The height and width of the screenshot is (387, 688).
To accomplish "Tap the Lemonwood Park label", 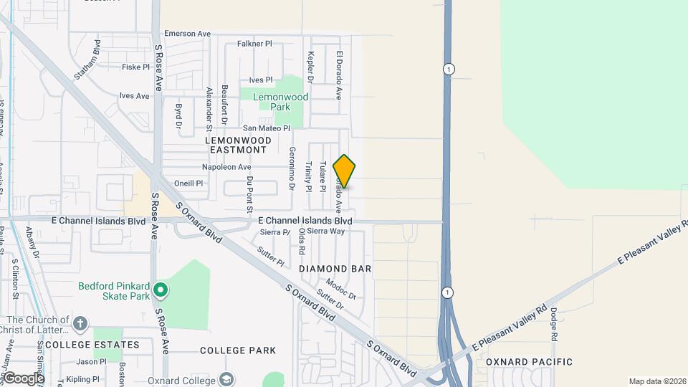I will [x=284, y=102].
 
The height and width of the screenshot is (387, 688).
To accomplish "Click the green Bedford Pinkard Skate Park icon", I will [x=161, y=290].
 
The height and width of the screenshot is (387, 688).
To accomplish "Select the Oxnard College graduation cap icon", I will [x=226, y=379].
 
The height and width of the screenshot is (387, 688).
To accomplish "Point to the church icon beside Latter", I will [x=80, y=323].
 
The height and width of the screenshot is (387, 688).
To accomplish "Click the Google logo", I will [x=23, y=378].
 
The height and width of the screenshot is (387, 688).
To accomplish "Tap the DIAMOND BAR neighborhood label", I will [x=335, y=269].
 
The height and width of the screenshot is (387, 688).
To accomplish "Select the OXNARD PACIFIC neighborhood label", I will [x=529, y=362].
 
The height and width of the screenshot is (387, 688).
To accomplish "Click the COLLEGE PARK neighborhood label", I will [x=238, y=350].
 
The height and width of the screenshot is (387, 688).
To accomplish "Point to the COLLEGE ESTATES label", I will [x=92, y=345].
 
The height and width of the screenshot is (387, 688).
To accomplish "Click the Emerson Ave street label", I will [x=187, y=34].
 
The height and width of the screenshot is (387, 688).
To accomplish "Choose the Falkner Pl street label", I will [x=254, y=44].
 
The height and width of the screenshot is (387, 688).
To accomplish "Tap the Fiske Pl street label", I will [x=135, y=67].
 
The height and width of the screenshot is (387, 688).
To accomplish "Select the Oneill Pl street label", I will [x=188, y=183].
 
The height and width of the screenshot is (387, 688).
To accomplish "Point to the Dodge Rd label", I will [x=554, y=324].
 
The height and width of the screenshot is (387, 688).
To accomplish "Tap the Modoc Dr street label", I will [x=340, y=289].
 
